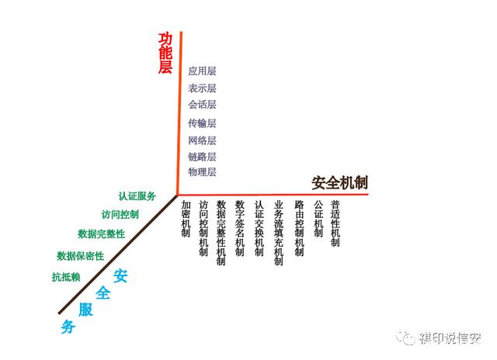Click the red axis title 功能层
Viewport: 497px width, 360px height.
point(165,54)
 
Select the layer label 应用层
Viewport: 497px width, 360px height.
point(202,71)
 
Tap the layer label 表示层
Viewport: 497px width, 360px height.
point(202,88)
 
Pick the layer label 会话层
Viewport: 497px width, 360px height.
point(202,105)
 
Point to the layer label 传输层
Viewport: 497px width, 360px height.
point(202,123)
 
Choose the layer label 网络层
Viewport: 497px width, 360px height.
point(202,140)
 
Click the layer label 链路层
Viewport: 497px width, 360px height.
point(202,157)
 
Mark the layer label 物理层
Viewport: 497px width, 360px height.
point(202,172)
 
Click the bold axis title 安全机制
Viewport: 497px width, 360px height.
point(339,184)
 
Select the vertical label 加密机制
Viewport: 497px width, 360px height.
point(186,218)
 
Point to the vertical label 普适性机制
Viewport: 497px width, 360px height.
point(335,223)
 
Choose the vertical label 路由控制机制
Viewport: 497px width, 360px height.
point(299,228)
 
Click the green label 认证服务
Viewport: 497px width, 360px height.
point(137,196)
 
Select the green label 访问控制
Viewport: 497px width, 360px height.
point(120,215)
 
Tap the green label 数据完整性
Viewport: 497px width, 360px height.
point(101,234)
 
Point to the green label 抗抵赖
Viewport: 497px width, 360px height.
point(66,277)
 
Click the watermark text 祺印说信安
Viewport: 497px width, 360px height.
point(450,339)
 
